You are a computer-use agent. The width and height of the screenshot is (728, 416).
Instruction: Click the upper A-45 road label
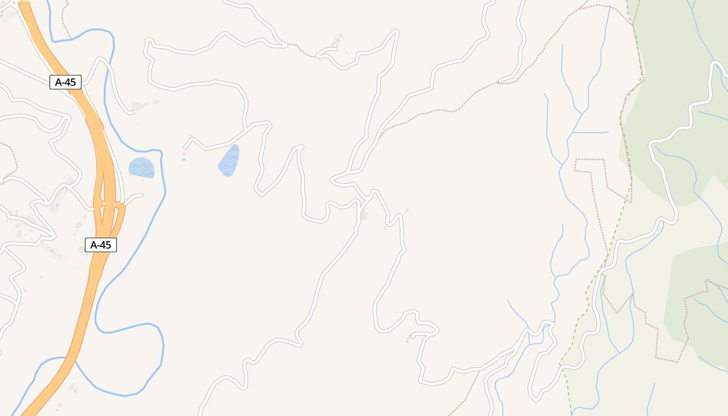[x=66, y=82]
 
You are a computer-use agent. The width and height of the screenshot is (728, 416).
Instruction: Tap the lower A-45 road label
[x=101, y=245]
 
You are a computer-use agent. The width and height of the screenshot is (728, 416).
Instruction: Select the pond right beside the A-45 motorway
[x=141, y=167]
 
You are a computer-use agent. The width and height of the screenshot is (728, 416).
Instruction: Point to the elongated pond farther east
[x=229, y=160]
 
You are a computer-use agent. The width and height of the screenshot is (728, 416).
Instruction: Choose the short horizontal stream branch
[x=590, y=133]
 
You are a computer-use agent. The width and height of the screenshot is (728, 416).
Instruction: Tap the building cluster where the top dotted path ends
[x=336, y=42]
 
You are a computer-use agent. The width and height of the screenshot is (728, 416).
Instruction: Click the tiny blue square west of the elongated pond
[x=184, y=159]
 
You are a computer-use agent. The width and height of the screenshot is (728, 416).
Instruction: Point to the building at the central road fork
[x=363, y=215]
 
